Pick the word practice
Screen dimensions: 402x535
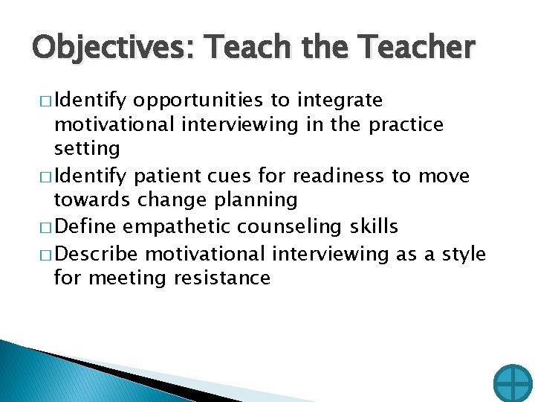406,124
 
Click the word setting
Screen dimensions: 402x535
87,149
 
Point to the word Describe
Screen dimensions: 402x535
97,254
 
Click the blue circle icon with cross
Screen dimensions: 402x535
513,383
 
